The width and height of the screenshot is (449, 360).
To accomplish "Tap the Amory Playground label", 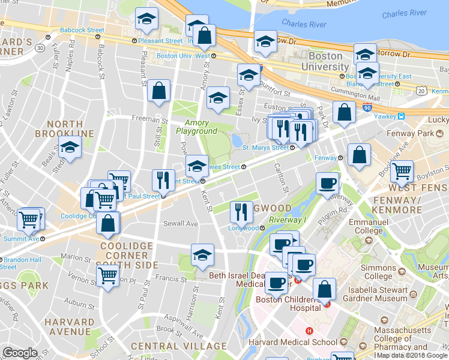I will pos(196,127).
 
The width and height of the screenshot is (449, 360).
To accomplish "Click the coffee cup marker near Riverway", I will pos(327,183).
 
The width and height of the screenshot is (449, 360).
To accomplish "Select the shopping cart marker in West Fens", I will pos(402,171).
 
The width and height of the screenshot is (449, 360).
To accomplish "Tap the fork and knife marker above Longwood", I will pos(241,211).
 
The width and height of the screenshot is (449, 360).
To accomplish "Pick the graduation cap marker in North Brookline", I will pos(70,147).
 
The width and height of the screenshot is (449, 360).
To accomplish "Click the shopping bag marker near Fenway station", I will pos(358,155).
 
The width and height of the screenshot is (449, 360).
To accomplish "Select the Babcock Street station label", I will pos(82,30).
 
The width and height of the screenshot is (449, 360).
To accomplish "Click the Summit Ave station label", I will pos(22,238).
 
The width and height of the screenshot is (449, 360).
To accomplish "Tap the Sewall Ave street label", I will pos(181,224).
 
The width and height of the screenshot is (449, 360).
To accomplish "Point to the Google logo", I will pos(20,353).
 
